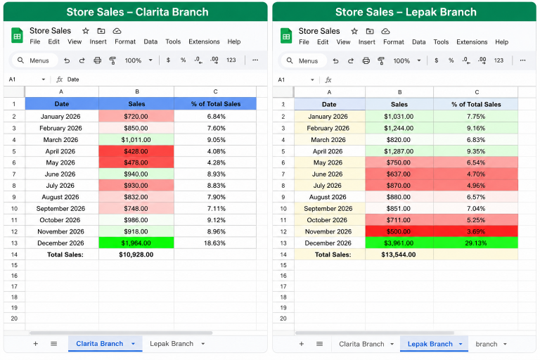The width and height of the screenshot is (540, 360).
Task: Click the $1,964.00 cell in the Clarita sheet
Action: (x=136, y=243)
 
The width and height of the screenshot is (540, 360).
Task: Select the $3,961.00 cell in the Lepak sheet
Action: (x=399, y=243)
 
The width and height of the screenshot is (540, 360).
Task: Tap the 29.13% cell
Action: (x=475, y=243)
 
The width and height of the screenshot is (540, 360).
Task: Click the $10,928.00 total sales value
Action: (x=136, y=255)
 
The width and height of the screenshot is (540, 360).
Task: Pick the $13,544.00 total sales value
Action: (x=399, y=255)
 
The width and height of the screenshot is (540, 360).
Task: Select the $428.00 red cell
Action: (x=136, y=151)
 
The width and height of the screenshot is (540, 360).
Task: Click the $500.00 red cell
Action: (x=399, y=231)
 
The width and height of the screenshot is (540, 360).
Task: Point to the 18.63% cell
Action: (x=215, y=243)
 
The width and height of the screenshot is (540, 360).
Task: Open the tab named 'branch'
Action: (x=487, y=344)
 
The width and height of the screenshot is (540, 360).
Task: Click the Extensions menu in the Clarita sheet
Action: (x=204, y=41)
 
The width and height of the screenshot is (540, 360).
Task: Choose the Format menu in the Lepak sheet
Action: (x=394, y=42)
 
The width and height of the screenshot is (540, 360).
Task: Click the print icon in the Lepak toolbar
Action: (x=366, y=60)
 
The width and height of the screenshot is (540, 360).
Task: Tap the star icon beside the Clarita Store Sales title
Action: (x=86, y=31)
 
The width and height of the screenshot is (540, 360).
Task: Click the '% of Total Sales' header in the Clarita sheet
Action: (x=216, y=103)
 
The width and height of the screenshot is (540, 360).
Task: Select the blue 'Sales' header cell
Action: (x=136, y=103)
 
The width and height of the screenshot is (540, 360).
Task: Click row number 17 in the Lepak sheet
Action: (x=283, y=286)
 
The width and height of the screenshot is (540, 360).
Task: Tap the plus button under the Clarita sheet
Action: (x=35, y=343)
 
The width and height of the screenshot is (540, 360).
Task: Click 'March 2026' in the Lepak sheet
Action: (x=328, y=139)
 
